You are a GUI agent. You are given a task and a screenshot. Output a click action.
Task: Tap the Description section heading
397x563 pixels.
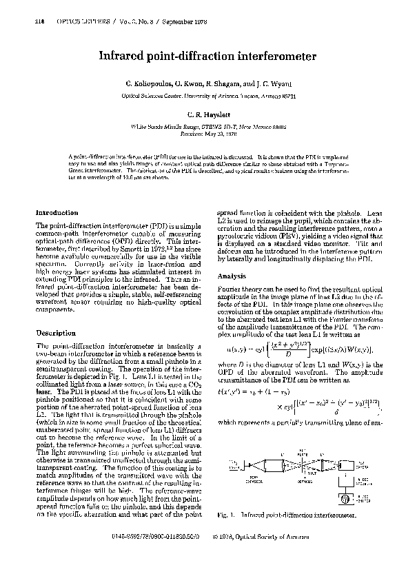click(55, 333)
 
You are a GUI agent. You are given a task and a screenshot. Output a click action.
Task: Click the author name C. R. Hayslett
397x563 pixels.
click(198, 114)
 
